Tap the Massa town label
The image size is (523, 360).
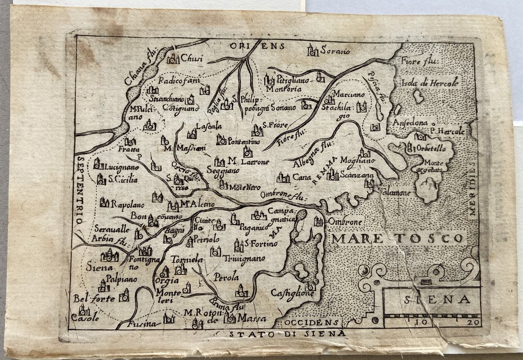pos(253,319)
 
